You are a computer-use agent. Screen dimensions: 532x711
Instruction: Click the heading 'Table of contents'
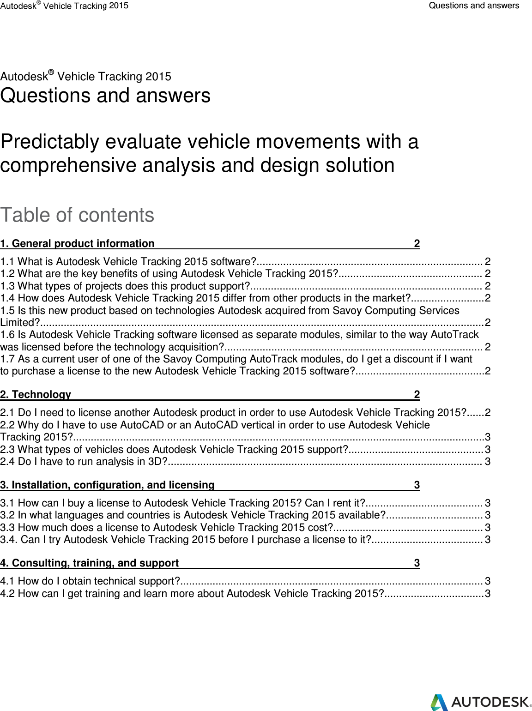point(77,215)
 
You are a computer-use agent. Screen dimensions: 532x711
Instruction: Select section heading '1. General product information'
point(78,243)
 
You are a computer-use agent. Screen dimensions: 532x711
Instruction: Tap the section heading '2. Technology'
point(36,394)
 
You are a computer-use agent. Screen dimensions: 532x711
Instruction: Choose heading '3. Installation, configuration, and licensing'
point(107,485)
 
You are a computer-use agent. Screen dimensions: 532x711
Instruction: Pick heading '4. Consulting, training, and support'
point(90,563)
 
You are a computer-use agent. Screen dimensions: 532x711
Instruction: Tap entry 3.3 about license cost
point(166,527)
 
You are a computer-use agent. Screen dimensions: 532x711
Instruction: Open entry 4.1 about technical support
point(90,581)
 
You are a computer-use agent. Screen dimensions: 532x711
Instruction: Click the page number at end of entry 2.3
point(487,449)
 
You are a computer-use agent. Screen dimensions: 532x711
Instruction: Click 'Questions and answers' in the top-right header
point(474,6)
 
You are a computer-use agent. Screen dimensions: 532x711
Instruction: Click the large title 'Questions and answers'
point(105,96)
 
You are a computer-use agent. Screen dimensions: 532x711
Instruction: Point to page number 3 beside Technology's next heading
point(417,485)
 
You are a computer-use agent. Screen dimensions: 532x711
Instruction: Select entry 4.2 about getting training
point(192,593)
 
